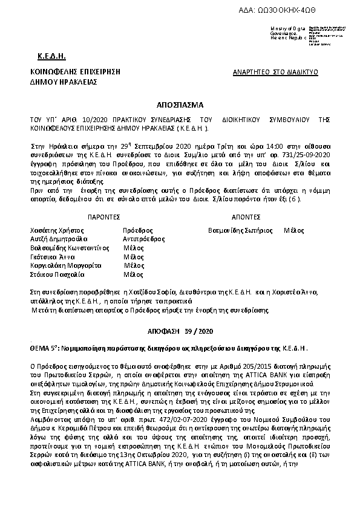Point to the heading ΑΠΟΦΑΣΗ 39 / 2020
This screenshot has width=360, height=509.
coord(179,332)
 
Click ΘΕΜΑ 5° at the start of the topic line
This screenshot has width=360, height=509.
coord(43,349)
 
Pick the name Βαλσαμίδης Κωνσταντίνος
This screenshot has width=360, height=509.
coord(67,248)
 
